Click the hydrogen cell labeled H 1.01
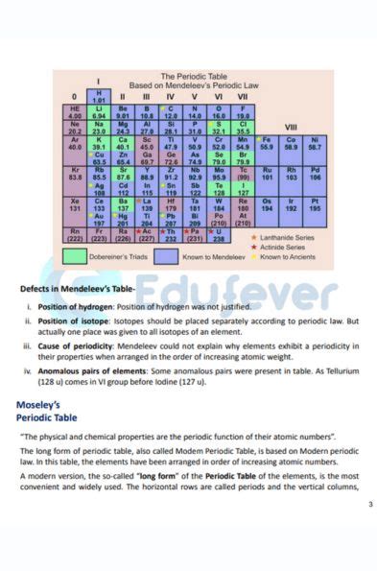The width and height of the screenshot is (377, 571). [98, 95]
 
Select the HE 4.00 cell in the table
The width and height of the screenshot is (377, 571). [75, 112]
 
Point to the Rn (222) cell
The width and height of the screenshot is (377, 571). [75, 234]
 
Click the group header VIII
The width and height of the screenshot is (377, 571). [291, 126]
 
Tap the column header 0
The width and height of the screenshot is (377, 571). [75, 96]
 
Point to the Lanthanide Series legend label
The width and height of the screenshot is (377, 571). [287, 238]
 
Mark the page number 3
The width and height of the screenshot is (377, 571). [368, 503]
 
